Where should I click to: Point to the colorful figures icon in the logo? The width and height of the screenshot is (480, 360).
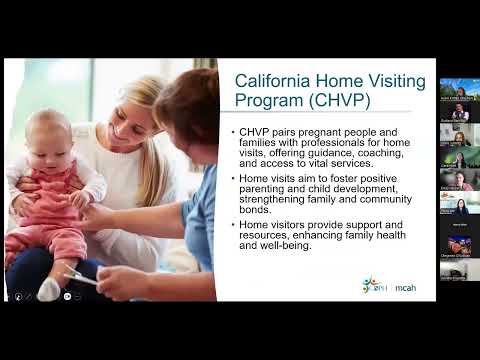pos(371,285)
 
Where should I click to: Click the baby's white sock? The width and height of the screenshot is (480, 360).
pos(48,289)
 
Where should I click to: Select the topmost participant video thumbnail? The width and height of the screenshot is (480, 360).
pos(459,88)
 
